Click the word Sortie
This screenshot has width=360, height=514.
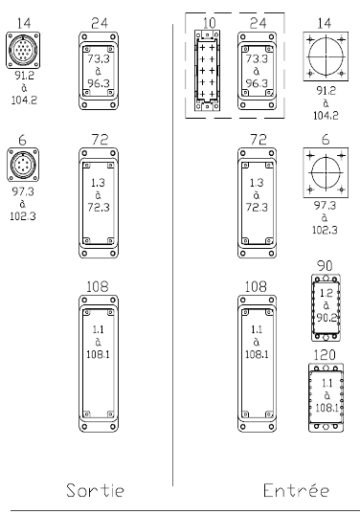[95, 490]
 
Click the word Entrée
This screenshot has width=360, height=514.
[296, 490]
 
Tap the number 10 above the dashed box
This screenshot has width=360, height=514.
[209, 23]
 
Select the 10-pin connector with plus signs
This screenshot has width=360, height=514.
[207, 71]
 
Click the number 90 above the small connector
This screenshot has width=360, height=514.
[325, 265]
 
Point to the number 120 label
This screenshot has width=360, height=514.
[325, 355]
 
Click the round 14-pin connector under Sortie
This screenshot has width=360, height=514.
[23, 50]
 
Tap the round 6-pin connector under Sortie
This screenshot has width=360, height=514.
[23, 165]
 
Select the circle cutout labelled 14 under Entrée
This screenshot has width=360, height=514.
[326, 56]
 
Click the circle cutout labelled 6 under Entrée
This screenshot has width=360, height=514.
[326, 172]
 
